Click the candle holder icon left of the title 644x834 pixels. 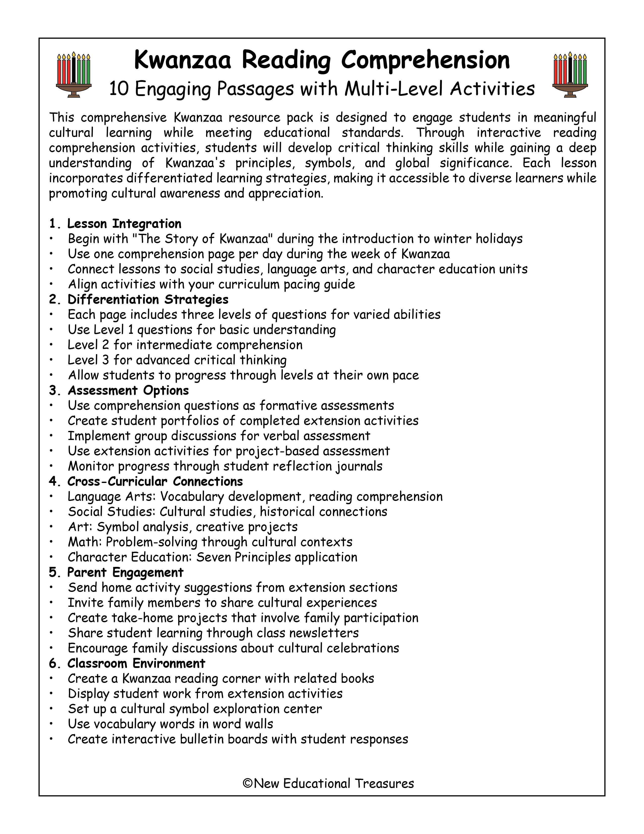pos(74,75)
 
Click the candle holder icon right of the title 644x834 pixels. pos(570,75)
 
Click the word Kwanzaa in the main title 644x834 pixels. pos(183,60)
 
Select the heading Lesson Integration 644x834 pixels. pos(124,224)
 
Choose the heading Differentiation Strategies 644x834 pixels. pos(148,299)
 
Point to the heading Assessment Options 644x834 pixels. pos(128,391)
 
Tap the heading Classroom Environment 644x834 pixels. pos(136,663)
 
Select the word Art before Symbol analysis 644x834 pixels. pos(79,527)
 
